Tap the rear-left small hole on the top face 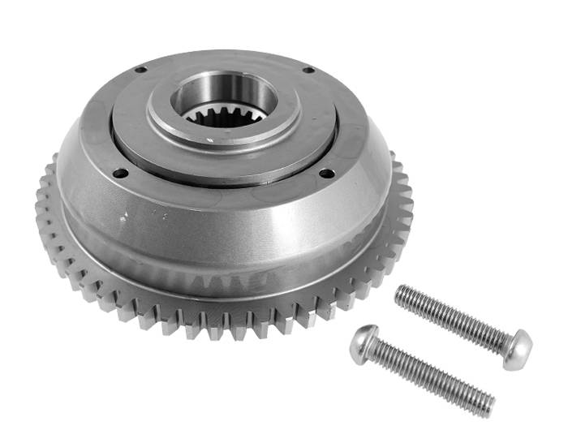pyautogui.click(x=140, y=70)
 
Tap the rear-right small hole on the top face pyautogui.click(x=308, y=70)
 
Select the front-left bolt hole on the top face pyautogui.click(x=119, y=172)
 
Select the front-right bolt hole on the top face pyautogui.click(x=326, y=173)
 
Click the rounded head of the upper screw pyautogui.click(x=517, y=350)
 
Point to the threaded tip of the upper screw pyautogui.click(x=402, y=295)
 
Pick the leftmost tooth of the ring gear pyautogui.click(x=41, y=203)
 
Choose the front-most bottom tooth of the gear pyautogui.click(x=219, y=329)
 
